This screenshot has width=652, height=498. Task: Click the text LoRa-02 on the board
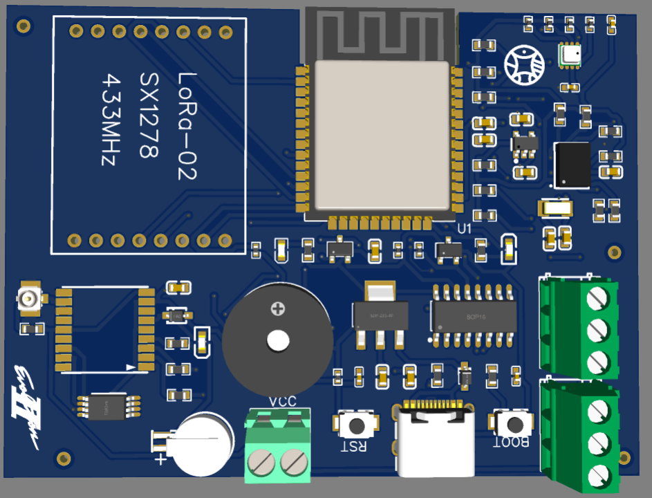[187, 126]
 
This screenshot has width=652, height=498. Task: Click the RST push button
[357, 423]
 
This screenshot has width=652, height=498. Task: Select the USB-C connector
[434, 440]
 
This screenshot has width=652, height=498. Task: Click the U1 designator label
[465, 228]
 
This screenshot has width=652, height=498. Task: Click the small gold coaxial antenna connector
[30, 299]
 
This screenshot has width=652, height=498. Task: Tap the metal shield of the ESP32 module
[382, 135]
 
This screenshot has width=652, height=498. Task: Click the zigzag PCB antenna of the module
[379, 35]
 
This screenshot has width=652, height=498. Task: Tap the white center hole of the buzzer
[277, 340]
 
